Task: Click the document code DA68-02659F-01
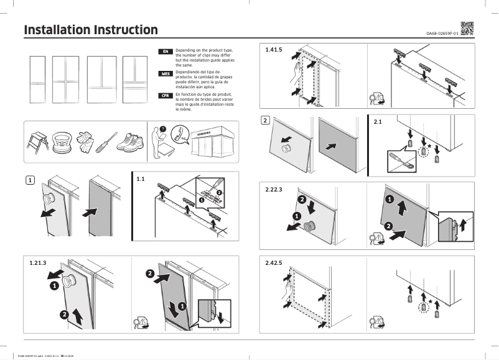442,33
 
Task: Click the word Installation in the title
56,30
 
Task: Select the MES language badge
166,73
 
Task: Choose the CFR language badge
166,96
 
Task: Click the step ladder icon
38,142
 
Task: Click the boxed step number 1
29,180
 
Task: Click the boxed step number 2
265,120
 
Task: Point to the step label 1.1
140,179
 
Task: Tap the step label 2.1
378,122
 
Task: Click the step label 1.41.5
274,49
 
